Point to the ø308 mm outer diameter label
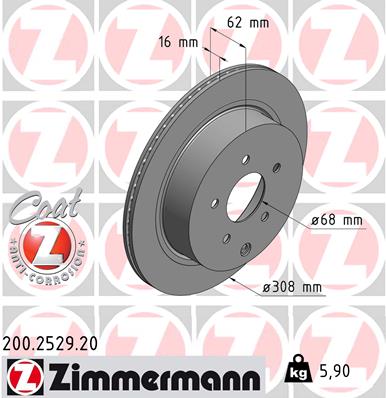(293, 288)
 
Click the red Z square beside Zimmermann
(20, 376)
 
